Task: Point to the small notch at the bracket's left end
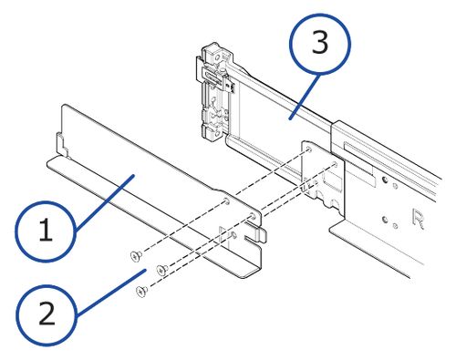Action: tap(59, 142)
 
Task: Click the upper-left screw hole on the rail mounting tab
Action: tap(311, 148)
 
